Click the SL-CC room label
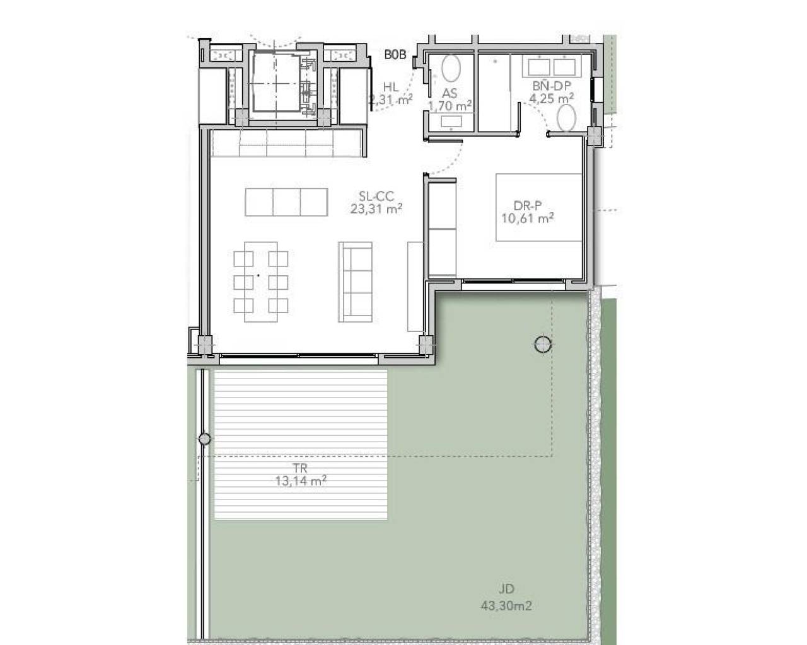click(x=376, y=197)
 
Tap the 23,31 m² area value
click(x=376, y=208)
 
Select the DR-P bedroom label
click(x=527, y=205)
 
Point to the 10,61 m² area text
click(x=527, y=218)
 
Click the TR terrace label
click(x=300, y=469)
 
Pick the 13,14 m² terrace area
click(x=300, y=481)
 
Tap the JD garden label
click(x=506, y=590)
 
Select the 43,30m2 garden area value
click(x=506, y=606)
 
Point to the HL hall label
click(x=391, y=87)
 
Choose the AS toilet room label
click(x=450, y=93)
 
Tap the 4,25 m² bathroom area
click(x=552, y=98)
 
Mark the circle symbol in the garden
click(x=543, y=344)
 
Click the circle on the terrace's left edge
click(x=204, y=439)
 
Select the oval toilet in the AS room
click(x=450, y=69)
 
